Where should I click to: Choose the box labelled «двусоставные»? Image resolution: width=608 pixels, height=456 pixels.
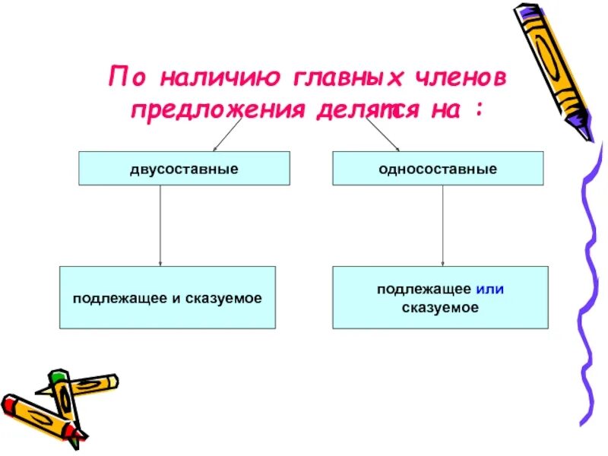(185, 168)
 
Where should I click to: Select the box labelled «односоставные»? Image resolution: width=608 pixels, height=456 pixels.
(439, 168)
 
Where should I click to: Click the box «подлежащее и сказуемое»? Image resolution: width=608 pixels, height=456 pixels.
(167, 297)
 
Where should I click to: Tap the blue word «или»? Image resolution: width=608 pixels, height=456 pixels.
(490, 290)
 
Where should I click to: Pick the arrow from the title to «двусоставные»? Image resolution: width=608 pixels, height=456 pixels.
(226, 135)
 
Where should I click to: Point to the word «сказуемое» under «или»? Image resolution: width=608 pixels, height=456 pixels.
(440, 308)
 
